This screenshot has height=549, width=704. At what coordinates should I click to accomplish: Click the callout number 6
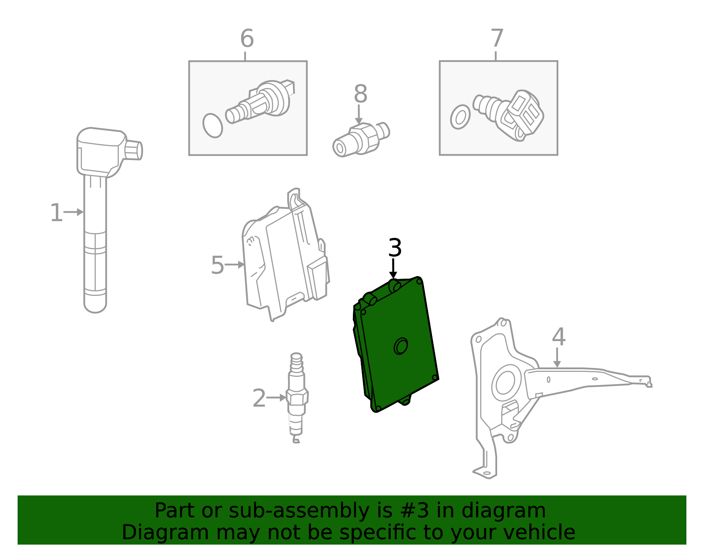[247, 39]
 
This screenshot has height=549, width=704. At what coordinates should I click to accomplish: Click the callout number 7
[497, 39]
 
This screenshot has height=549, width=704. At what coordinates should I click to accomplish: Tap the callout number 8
[360, 94]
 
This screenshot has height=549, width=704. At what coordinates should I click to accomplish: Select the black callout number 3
[395, 248]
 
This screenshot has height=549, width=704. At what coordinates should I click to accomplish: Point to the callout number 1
[56, 213]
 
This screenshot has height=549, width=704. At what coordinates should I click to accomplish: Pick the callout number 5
[217, 265]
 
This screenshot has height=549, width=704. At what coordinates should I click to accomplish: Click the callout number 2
[259, 398]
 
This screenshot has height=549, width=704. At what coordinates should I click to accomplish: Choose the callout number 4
[558, 337]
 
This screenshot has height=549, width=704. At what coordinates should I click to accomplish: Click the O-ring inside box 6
[213, 126]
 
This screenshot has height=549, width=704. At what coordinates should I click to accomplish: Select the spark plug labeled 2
[297, 398]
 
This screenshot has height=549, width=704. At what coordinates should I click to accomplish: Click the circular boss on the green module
[401, 346]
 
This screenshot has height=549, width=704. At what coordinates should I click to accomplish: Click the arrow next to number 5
[235, 265]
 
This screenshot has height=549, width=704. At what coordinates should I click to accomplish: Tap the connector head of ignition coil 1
[133, 150]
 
